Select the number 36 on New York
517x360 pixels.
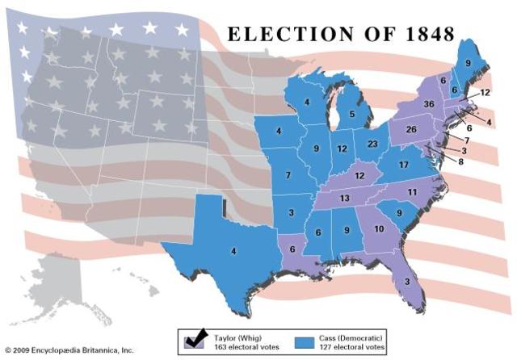[x=429, y=103]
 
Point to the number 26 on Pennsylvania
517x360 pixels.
[x=410, y=129]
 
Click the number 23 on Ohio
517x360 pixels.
[x=371, y=144]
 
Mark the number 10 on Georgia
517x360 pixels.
[x=379, y=229]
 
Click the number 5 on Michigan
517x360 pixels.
[x=352, y=115]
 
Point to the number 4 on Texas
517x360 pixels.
[x=234, y=251]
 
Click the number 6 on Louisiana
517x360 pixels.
[x=291, y=249]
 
